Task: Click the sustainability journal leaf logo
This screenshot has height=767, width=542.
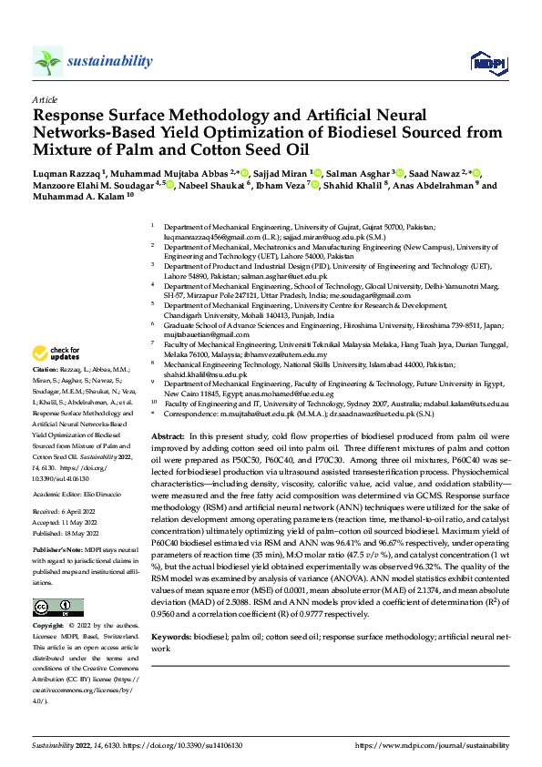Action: click(x=47, y=61)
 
